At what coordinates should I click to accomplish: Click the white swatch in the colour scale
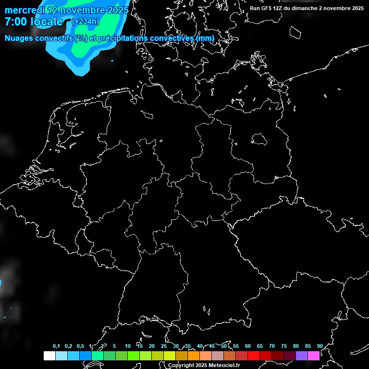[49, 356]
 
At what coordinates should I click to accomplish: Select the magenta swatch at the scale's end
[314, 356]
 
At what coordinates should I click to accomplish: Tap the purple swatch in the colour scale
[302, 356]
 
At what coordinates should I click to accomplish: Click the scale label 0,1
[56, 346]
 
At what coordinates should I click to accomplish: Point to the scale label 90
[320, 346]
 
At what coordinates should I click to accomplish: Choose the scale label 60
[247, 346]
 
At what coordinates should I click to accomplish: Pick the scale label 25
[163, 346]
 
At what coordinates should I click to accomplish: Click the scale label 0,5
[80, 346]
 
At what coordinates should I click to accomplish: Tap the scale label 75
[283, 346]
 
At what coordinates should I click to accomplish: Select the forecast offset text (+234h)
[86, 21]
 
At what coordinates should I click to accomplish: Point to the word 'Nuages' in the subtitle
[20, 38]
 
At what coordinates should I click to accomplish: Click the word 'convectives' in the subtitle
[172, 38]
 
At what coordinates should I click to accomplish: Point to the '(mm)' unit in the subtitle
[205, 38]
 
